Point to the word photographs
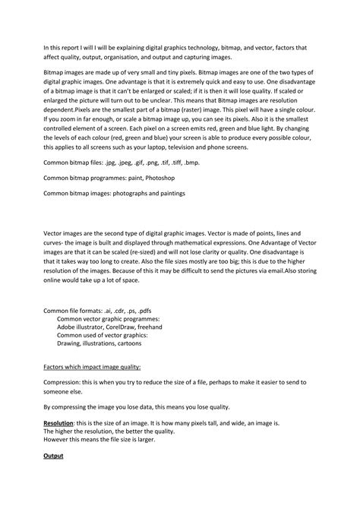click(x=127, y=193)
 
